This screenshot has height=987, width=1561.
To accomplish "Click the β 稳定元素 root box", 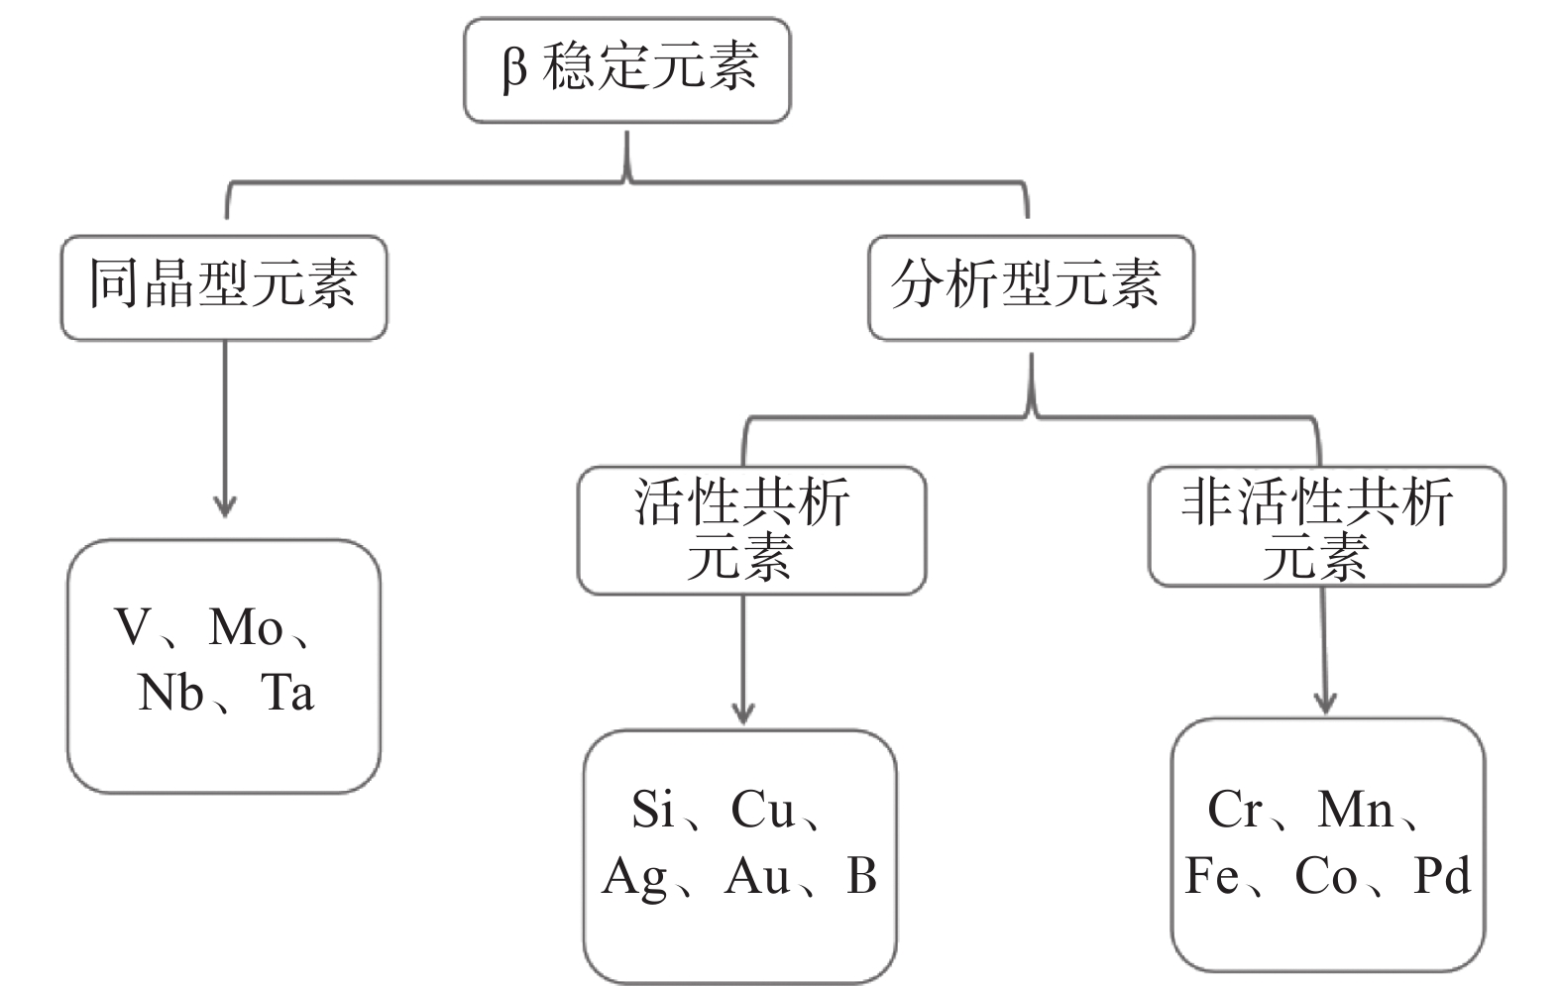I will point(626,69).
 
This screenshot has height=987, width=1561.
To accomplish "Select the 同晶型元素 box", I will point(224,287).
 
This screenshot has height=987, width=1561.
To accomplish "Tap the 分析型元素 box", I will point(1031,287).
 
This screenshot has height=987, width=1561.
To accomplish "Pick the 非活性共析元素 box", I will point(1326,528).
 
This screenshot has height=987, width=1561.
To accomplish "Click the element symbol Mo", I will point(246,627).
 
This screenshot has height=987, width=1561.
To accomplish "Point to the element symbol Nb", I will point(170,693).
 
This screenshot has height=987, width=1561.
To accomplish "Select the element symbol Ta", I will point(287,693).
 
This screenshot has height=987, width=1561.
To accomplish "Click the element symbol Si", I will point(652,810).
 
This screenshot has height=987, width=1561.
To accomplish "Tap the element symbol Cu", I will point(763,810).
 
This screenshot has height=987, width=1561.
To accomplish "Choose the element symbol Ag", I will point(634,877).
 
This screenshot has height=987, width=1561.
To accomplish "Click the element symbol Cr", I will point(1234,810).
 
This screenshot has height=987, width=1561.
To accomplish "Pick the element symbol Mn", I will point(1355,810).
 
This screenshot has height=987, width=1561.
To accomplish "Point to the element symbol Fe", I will point(1211,877).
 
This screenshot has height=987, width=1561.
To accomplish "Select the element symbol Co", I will point(1326,877).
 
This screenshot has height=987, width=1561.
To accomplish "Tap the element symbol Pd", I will point(1442,877).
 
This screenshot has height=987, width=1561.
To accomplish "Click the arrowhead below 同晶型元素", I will point(225,505).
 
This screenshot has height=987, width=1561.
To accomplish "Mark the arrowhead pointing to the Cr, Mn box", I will point(1326,703).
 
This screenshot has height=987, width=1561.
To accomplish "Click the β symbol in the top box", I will point(514,69).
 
